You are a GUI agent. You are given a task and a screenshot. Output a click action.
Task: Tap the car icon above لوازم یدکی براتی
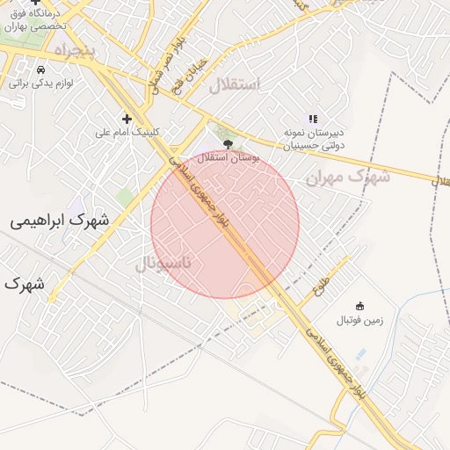pyautogui.click(x=40, y=69)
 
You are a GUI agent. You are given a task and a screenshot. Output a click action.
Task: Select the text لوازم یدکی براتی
pyautogui.click(x=40, y=83)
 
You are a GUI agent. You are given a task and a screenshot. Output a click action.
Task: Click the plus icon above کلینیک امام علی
pyautogui.click(x=127, y=119)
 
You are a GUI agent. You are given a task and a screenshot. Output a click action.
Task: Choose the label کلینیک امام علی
pyautogui.click(x=128, y=133)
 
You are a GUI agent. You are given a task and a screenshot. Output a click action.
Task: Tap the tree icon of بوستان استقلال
pyautogui.click(x=229, y=143)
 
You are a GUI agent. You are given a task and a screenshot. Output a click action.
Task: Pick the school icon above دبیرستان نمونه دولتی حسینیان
pyautogui.click(x=312, y=119)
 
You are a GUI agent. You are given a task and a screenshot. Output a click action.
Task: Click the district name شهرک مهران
pyautogui.click(x=347, y=177)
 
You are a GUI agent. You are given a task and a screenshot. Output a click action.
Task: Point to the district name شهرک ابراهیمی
pyautogui.click(x=60, y=221)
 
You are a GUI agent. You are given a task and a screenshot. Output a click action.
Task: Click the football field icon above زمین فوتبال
pyautogui.click(x=359, y=306)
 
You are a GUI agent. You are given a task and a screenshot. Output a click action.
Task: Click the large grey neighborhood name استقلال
pyautogui.click(x=235, y=85)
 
